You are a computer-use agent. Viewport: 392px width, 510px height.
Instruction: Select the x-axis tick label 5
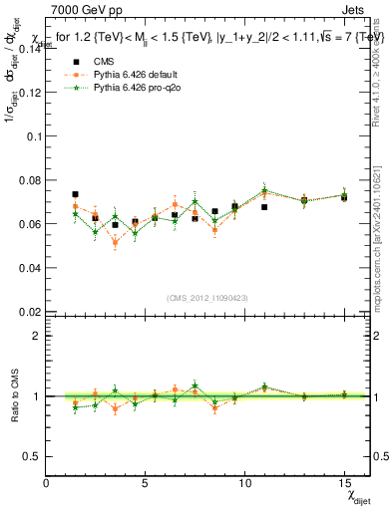coord(146,482)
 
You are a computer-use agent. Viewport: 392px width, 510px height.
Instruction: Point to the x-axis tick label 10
coord(244,482)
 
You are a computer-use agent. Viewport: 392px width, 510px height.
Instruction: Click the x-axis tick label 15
coord(343,482)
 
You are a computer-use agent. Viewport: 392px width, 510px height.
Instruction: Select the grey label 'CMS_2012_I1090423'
coord(207,298)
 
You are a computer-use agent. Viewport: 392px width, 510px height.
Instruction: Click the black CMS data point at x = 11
coord(264,207)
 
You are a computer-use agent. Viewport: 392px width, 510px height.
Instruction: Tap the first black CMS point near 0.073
coord(76,194)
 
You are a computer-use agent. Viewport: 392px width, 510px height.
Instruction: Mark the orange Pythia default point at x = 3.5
coord(115,242)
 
